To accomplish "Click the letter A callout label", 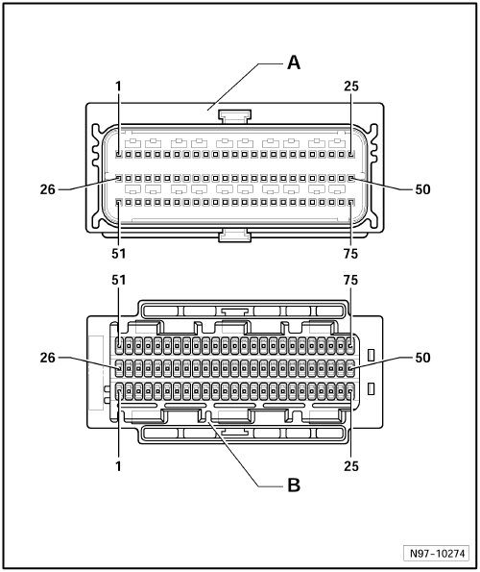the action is pyautogui.click(x=294, y=62).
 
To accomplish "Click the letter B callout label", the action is pyautogui.click(x=294, y=485).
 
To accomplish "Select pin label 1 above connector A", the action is pyautogui.click(x=118, y=87).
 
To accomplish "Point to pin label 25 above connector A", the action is pyautogui.click(x=351, y=87).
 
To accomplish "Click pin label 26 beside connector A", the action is pyautogui.click(x=48, y=189).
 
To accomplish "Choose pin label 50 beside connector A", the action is pyautogui.click(x=422, y=189).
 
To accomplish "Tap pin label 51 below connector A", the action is pyautogui.click(x=119, y=254).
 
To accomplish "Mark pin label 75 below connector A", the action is pyautogui.click(x=350, y=254).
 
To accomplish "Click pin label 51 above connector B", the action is pyautogui.click(x=119, y=280).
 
